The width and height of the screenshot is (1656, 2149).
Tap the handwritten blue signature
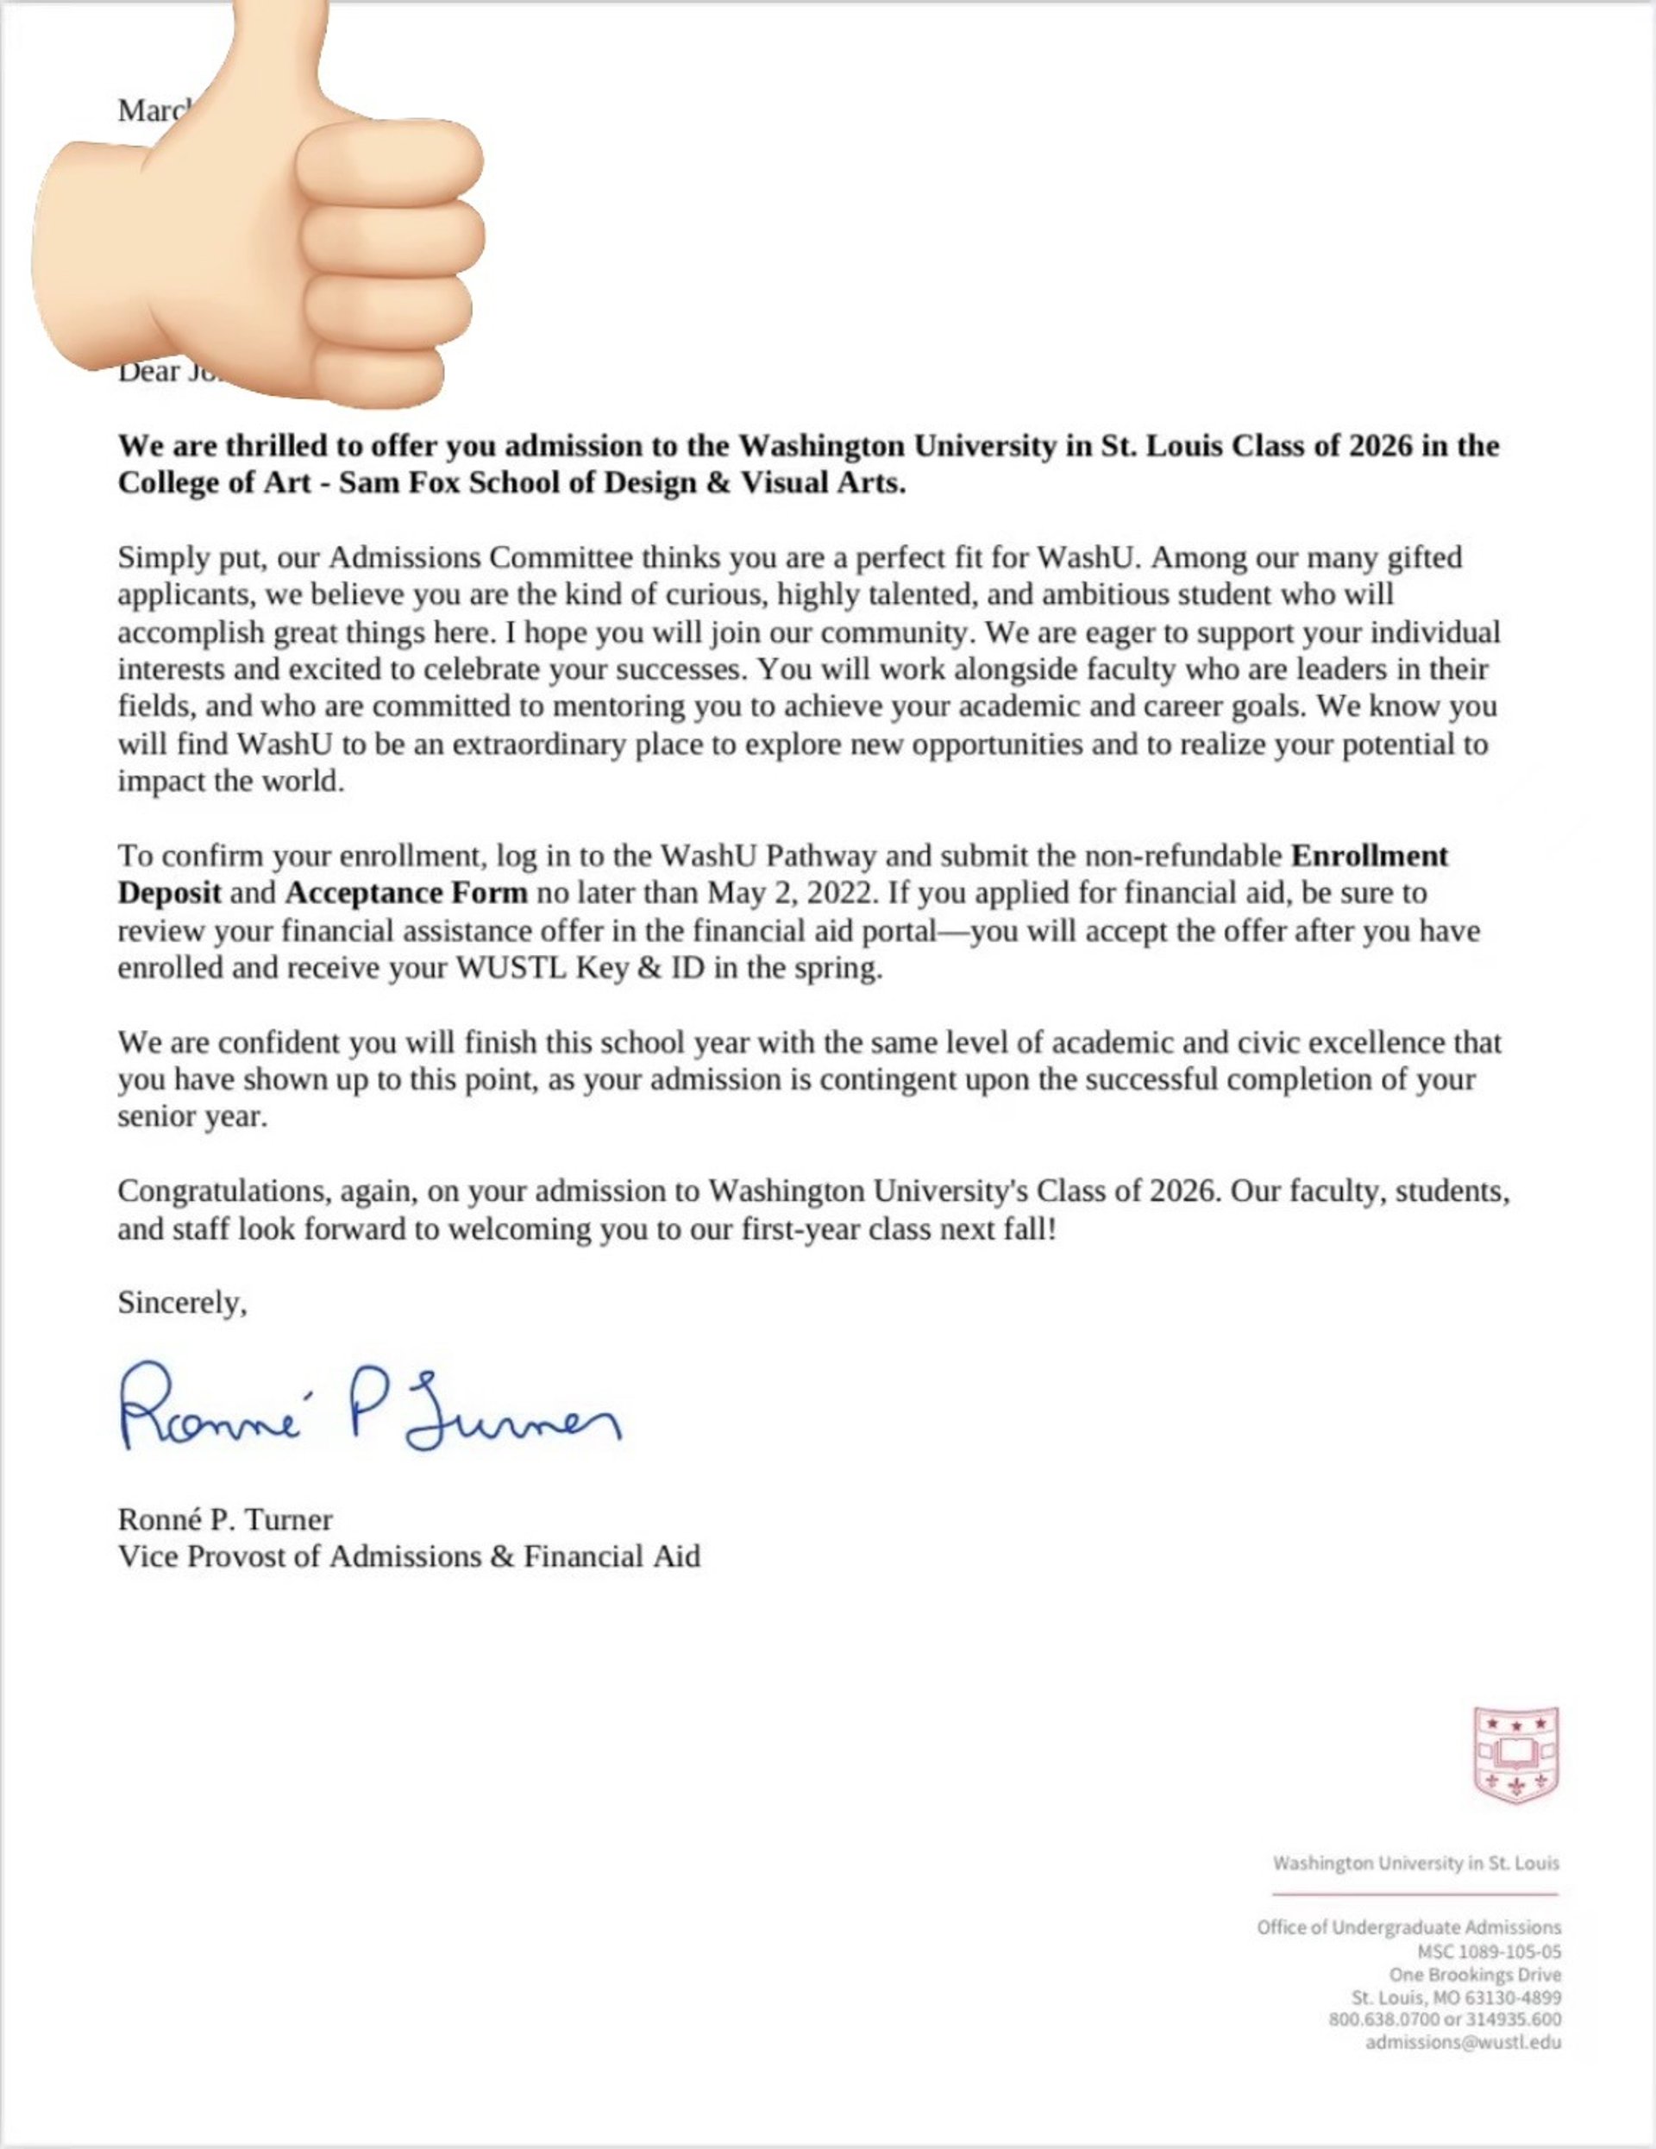point(370,1409)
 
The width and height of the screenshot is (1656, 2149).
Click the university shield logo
point(1515,1755)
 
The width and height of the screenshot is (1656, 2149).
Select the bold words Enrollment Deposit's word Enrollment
point(1369,856)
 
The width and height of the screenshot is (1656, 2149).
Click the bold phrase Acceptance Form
point(405,894)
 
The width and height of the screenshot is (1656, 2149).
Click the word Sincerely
point(181,1303)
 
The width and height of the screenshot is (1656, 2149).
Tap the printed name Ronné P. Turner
point(224,1519)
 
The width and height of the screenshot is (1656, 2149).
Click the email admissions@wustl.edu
point(1462,2042)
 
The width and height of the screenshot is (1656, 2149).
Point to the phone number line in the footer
point(1444,2019)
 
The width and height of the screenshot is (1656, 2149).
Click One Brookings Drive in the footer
point(1474,1975)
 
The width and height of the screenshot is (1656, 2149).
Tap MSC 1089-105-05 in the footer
point(1488,1952)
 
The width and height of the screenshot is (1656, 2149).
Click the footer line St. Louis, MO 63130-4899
point(1455,1997)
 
